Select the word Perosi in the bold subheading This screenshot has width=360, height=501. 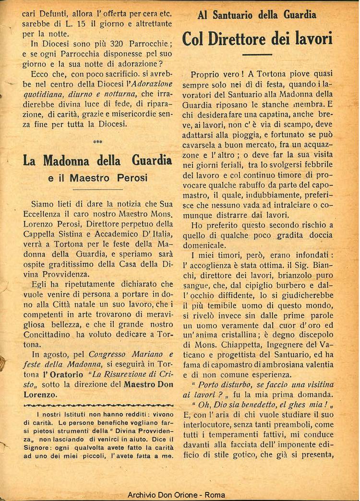129,178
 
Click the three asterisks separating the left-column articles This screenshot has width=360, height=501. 97,142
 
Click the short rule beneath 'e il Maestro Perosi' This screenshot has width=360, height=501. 97,190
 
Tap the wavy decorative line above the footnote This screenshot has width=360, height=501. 98,406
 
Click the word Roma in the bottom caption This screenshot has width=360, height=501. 215,495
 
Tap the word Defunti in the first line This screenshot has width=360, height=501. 54,14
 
